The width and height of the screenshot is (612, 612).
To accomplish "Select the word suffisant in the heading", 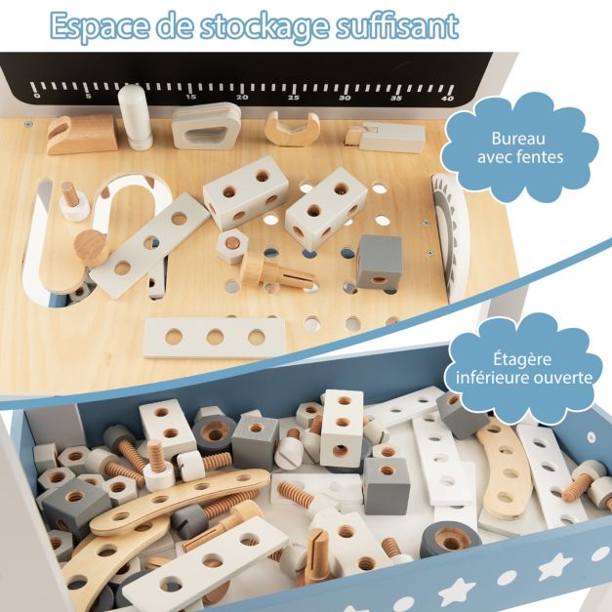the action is click(x=397, y=25).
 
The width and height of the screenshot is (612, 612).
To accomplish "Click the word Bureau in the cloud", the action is click(x=518, y=139).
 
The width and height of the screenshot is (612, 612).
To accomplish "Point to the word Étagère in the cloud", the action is click(x=522, y=359).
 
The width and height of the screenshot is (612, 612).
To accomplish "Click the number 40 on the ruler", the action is click(x=447, y=99).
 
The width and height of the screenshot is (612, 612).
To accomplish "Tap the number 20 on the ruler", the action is click(x=242, y=98).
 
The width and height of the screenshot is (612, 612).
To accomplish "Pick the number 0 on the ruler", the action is click(x=37, y=96).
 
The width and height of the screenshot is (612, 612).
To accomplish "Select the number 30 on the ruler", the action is click(x=345, y=98).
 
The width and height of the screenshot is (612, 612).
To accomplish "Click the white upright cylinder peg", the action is click(x=135, y=117).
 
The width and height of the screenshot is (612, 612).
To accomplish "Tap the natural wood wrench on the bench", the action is click(x=292, y=129).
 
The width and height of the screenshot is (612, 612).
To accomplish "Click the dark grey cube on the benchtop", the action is click(x=379, y=261).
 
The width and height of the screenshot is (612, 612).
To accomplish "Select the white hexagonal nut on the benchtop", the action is click(x=232, y=247).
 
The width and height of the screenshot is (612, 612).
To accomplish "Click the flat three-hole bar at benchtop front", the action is click(x=216, y=337).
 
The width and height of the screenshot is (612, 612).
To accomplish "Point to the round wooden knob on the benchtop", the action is click(x=92, y=247).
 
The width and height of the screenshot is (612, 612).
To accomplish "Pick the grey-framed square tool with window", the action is click(x=206, y=126).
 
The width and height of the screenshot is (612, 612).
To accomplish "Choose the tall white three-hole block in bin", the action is click(x=342, y=428).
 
